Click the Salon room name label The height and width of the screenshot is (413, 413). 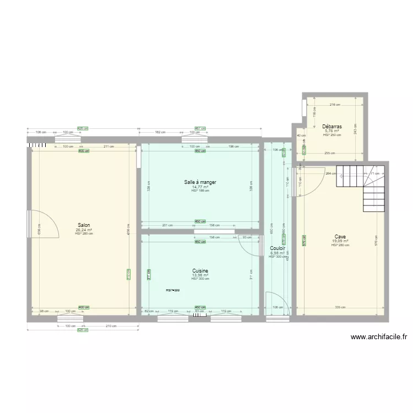pyautogui.click(x=84, y=225)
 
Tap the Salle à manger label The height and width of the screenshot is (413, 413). pyautogui.click(x=200, y=182)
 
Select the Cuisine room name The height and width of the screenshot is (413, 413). pyautogui.click(x=200, y=270)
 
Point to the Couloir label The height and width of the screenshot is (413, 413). pyautogui.click(x=276, y=248)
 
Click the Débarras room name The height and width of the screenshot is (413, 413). pyautogui.click(x=332, y=126)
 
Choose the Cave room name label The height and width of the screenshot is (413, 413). pyautogui.click(x=340, y=236)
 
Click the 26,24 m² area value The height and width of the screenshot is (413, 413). pyautogui.click(x=84, y=230)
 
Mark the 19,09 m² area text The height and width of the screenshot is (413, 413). pyautogui.click(x=340, y=241)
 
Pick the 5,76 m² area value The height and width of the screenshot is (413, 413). pyautogui.click(x=332, y=131)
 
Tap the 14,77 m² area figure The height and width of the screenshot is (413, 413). pyautogui.click(x=200, y=187)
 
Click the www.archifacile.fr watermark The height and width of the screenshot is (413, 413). pyautogui.click(x=378, y=338)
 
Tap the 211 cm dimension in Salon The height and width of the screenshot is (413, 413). pyautogui.click(x=108, y=146)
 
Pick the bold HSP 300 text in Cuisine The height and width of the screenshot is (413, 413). pyautogui.click(x=173, y=290)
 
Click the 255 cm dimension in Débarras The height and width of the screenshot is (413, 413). pyautogui.click(x=330, y=154)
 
